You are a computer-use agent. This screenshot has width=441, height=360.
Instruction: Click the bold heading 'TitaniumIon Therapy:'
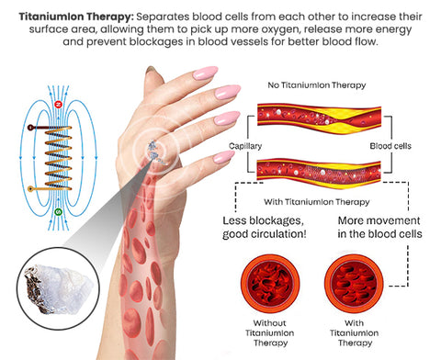pyautogui.click(x=76, y=17)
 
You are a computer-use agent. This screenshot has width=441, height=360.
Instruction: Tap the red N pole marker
pyautogui.click(x=58, y=105)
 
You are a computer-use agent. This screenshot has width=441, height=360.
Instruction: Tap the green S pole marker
pyautogui.click(x=58, y=212)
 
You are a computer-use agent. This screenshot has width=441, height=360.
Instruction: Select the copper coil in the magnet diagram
pyautogui.click(x=58, y=157)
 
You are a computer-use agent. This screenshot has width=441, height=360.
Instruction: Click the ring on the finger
pyautogui.click(x=154, y=151)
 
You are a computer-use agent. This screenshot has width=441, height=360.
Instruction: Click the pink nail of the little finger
pyautogui.click(x=223, y=157)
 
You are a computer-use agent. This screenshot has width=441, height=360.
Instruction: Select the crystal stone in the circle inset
pyautogui.click(x=58, y=289)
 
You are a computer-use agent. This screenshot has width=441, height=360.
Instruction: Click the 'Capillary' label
pyautogui.click(x=245, y=146)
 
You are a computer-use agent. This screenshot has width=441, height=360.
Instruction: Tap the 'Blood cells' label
pyautogui.click(x=390, y=146)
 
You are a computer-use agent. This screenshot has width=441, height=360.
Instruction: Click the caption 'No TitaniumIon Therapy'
pyautogui.click(x=317, y=85)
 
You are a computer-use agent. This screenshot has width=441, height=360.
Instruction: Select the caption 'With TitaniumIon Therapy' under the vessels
pyautogui.click(x=317, y=202)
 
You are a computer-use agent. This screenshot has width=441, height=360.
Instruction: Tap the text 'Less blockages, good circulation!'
pyautogui.click(x=265, y=227)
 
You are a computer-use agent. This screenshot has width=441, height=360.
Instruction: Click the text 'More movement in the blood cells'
pyautogui.click(x=379, y=227)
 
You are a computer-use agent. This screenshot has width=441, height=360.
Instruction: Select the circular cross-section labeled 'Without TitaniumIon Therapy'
pyautogui.click(x=270, y=284)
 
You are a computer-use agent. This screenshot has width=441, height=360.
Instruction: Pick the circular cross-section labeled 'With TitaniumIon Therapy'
pyautogui.click(x=354, y=284)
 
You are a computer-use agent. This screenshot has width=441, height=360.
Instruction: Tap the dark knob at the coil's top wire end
pyautogui.click(x=30, y=128)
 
